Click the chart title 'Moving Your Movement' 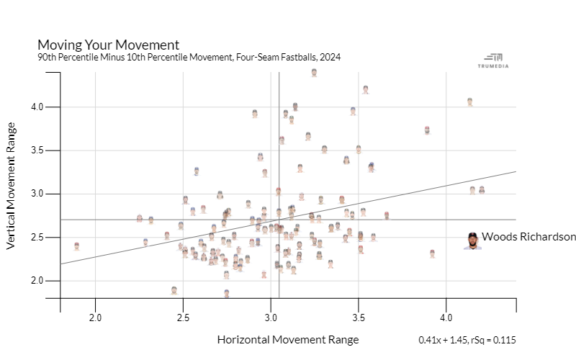[x=108, y=45]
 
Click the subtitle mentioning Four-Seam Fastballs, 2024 [x=189, y=57]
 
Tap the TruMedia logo [x=494, y=60]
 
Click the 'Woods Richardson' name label [x=528, y=236]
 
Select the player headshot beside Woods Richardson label [x=472, y=240]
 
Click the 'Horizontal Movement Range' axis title [x=287, y=339]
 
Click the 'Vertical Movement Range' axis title [x=12, y=194]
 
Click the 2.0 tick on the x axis [x=95, y=318]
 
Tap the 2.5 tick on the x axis [x=183, y=318]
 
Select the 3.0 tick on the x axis [x=271, y=318]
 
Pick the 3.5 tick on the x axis [x=359, y=318]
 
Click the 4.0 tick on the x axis [x=446, y=318]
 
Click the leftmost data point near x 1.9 [x=76, y=246]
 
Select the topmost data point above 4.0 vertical [x=314, y=72]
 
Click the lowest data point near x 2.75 [x=226, y=293]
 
